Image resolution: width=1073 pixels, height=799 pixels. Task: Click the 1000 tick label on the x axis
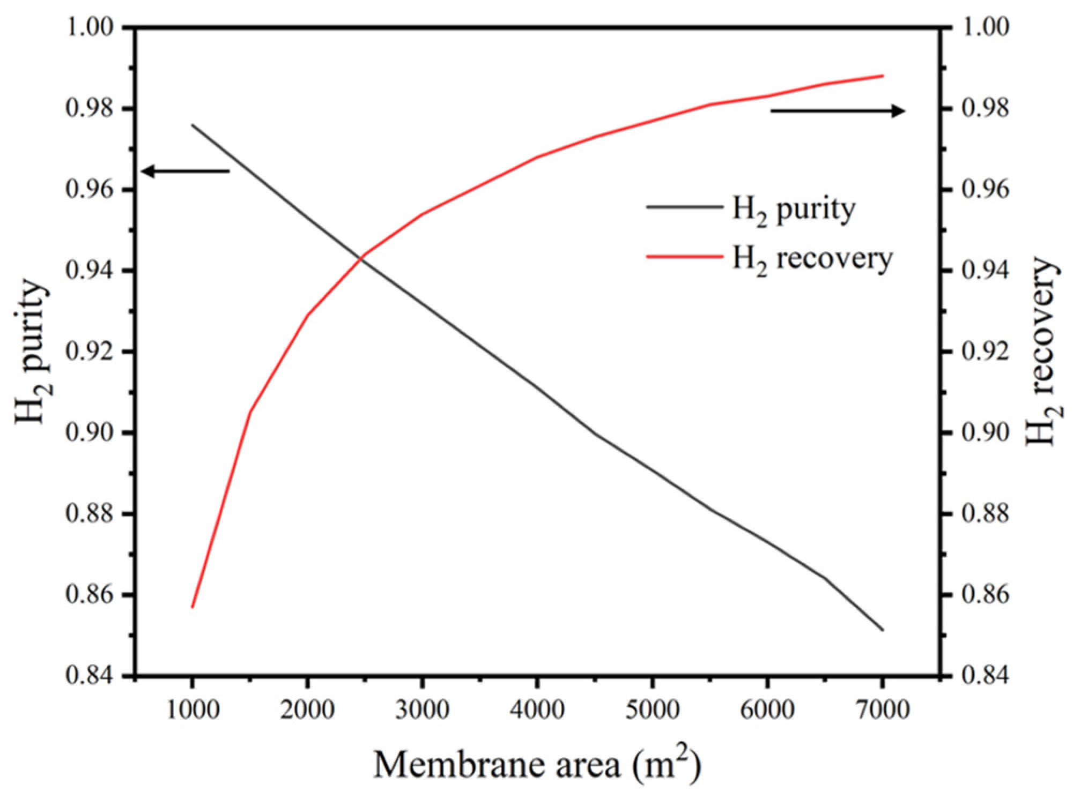coord(193,710)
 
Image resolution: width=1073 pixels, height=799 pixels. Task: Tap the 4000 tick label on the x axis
coord(537,710)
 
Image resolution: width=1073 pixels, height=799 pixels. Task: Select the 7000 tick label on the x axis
coord(882,710)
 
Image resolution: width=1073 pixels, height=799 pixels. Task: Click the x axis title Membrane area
coord(537,765)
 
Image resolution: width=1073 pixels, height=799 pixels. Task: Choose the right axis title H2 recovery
coord(1042,351)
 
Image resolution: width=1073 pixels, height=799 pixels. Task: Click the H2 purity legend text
coord(794,210)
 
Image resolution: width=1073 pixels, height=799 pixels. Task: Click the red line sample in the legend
coord(684,256)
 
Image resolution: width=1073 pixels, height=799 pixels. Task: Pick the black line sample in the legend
coord(684,206)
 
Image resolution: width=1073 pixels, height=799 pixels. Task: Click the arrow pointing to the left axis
coord(185,171)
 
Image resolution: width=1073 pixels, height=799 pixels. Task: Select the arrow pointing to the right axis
coord(838,111)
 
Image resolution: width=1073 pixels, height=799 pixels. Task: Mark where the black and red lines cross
coord(360,259)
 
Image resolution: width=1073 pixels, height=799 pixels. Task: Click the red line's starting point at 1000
coord(192,607)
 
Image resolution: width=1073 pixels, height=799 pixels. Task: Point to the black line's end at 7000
coord(882,630)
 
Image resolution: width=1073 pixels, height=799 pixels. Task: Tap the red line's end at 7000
coord(882,76)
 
